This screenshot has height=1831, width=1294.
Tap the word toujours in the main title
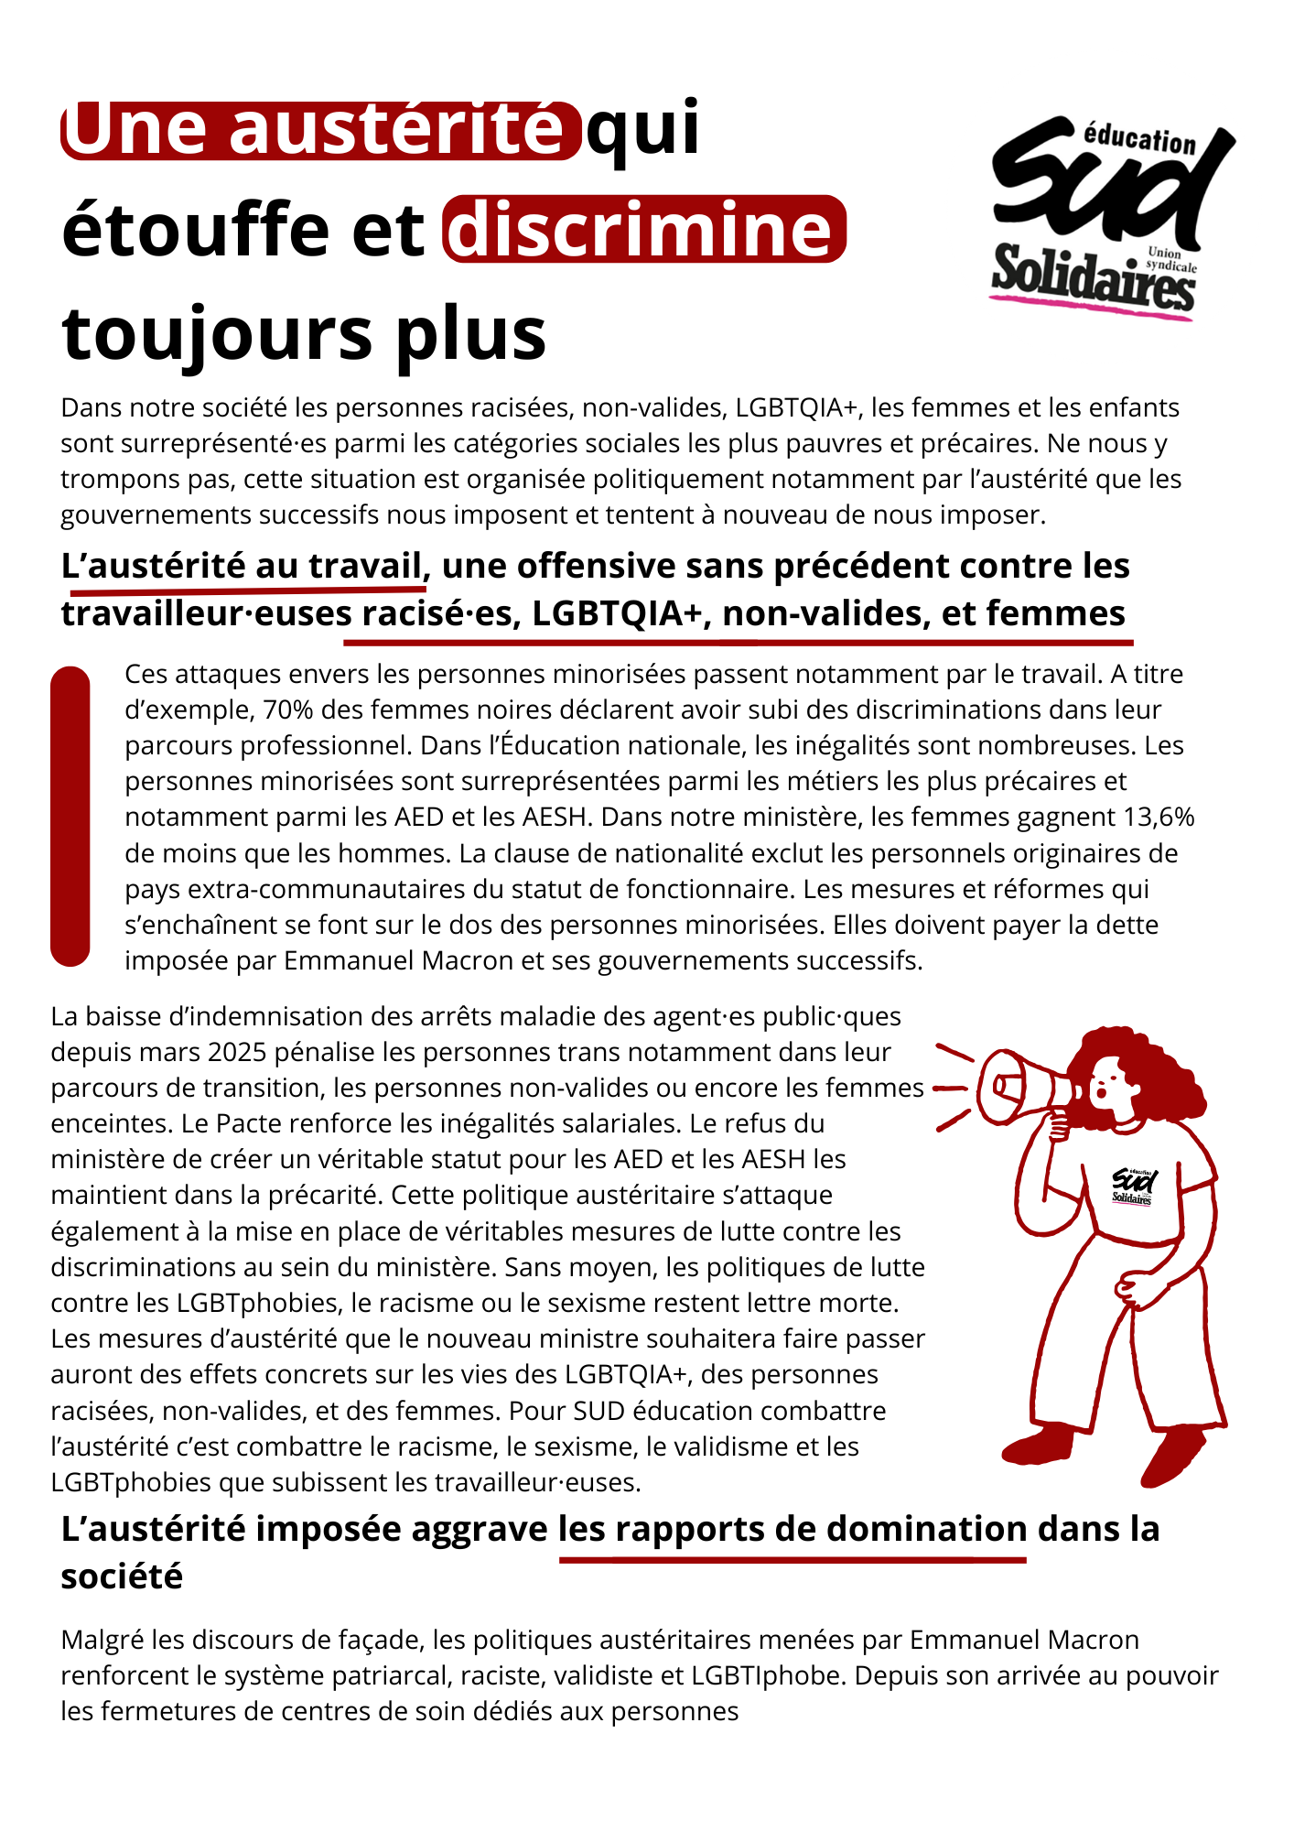tap(218, 333)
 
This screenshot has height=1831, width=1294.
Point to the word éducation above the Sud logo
tap(1139, 139)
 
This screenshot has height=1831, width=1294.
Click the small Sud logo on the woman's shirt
tap(1133, 1186)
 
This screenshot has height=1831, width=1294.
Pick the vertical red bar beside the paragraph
tap(70, 816)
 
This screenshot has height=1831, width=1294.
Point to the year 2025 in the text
tap(239, 1052)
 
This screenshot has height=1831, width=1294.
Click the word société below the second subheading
tap(122, 1576)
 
